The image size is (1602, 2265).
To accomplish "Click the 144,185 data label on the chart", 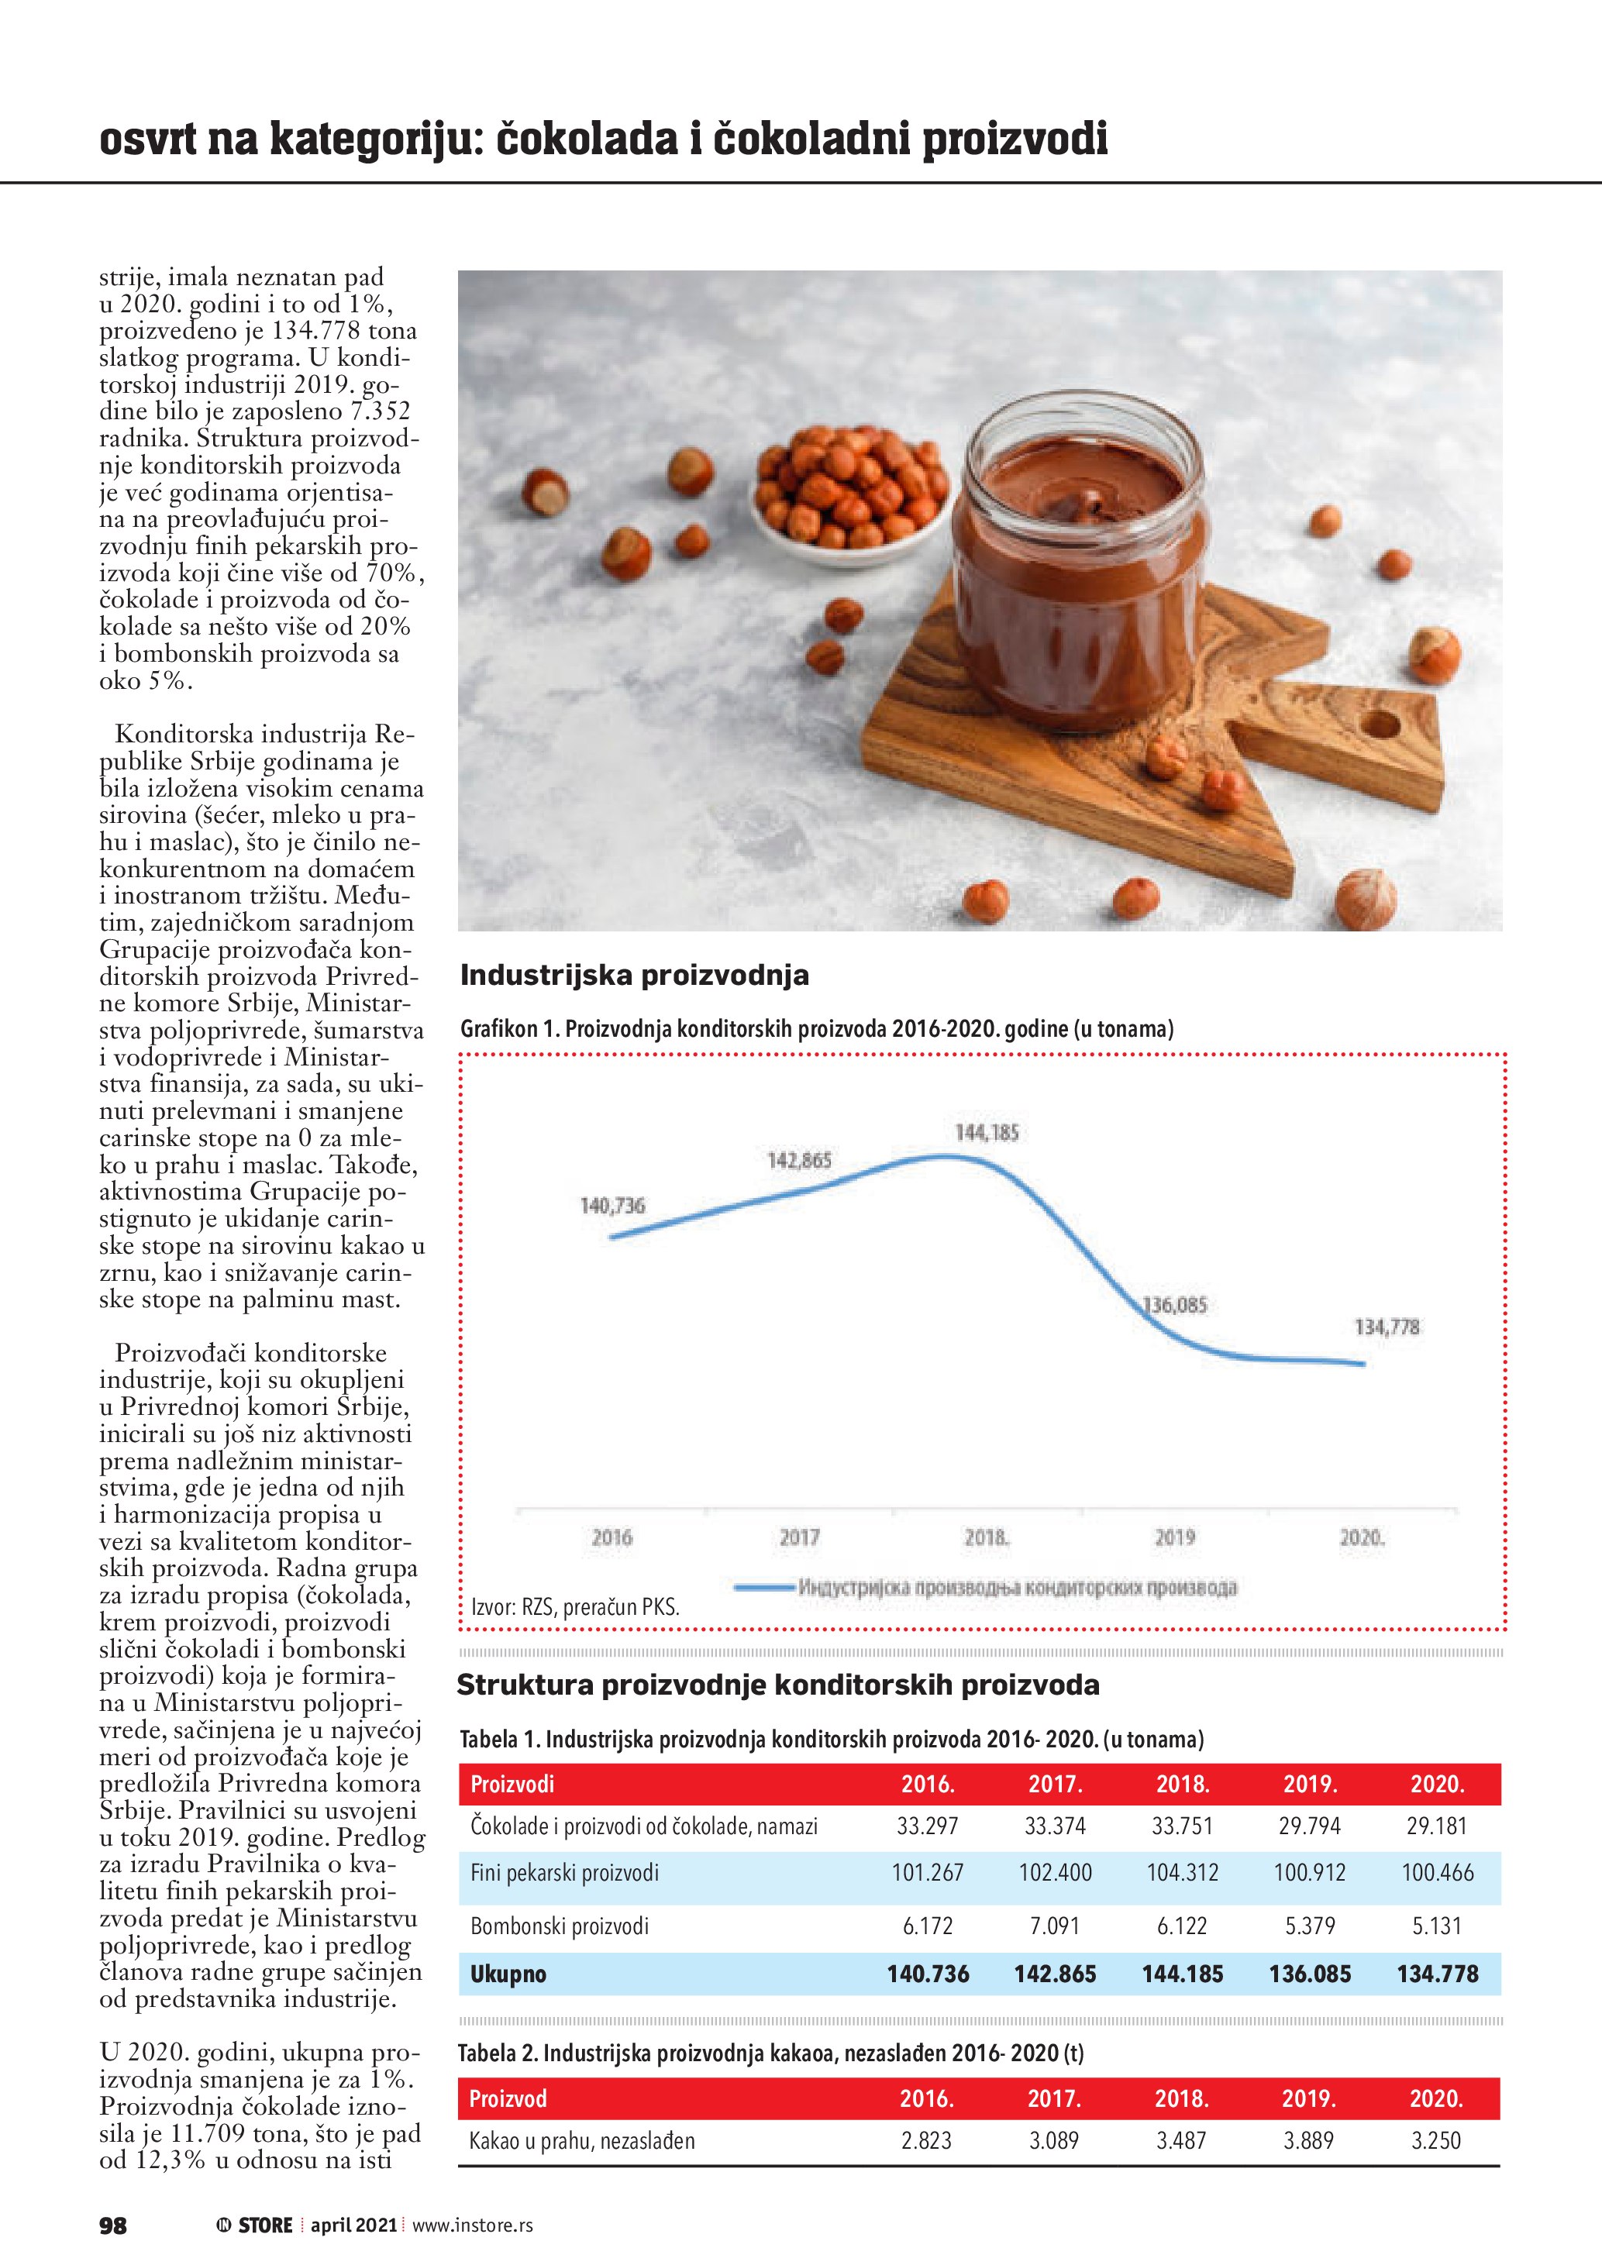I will [x=987, y=1133].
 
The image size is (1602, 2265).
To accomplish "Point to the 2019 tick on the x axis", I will [x=1174, y=1537].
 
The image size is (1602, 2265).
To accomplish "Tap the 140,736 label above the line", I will [x=612, y=1206].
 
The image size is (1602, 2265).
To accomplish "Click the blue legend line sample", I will [x=764, y=1587].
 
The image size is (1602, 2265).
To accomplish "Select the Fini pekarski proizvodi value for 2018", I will [x=1182, y=1872].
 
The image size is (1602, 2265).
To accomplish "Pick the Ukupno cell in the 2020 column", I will [x=1436, y=1974].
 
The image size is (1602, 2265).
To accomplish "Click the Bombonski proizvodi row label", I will [x=560, y=1926].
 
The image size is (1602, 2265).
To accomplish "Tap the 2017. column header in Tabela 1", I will [x=1055, y=1784].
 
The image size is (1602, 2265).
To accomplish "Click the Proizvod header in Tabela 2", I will [x=507, y=2098].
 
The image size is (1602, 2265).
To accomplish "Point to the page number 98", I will [x=112, y=2225].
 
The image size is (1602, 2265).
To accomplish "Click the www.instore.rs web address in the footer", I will [x=471, y=2225].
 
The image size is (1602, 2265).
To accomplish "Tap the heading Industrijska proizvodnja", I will [x=634, y=976].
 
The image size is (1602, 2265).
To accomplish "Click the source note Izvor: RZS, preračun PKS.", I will [x=575, y=1607].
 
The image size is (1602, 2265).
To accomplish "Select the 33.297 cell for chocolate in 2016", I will [x=926, y=1826].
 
